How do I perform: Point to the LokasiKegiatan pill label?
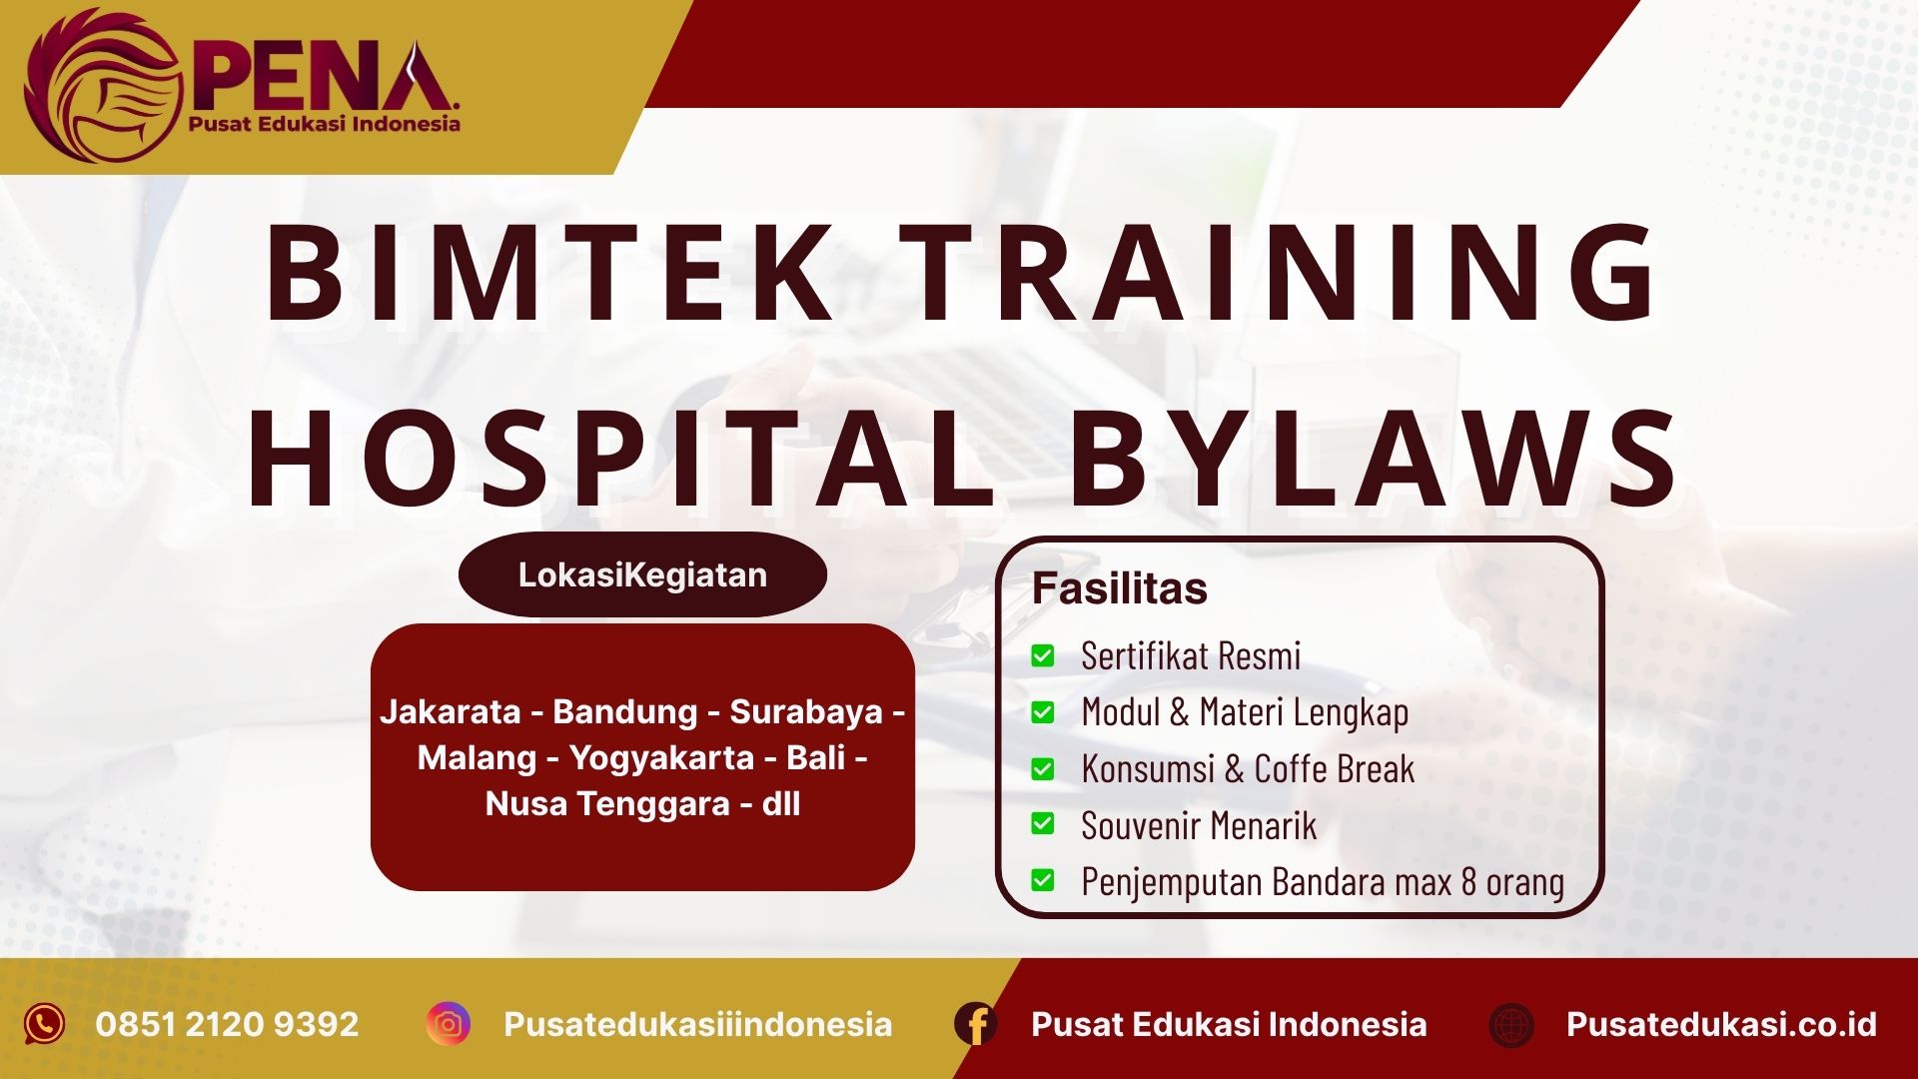[642, 574]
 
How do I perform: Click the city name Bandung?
[625, 711]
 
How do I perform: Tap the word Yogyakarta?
[661, 757]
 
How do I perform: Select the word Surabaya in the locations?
[806, 711]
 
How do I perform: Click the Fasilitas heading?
[1119, 588]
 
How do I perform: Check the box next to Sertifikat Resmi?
[1043, 656]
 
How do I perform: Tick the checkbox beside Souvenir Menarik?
[1043, 824]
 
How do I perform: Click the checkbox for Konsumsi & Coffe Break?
[1043, 769]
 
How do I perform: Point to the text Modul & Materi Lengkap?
[1245, 712]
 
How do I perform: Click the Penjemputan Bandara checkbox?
[1043, 881]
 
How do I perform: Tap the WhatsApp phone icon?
[45, 1024]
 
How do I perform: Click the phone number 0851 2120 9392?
[227, 1024]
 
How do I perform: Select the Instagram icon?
[449, 1024]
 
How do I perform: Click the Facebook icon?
[976, 1024]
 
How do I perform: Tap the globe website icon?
[1511, 1025]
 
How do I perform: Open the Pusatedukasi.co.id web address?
[1721, 1024]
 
